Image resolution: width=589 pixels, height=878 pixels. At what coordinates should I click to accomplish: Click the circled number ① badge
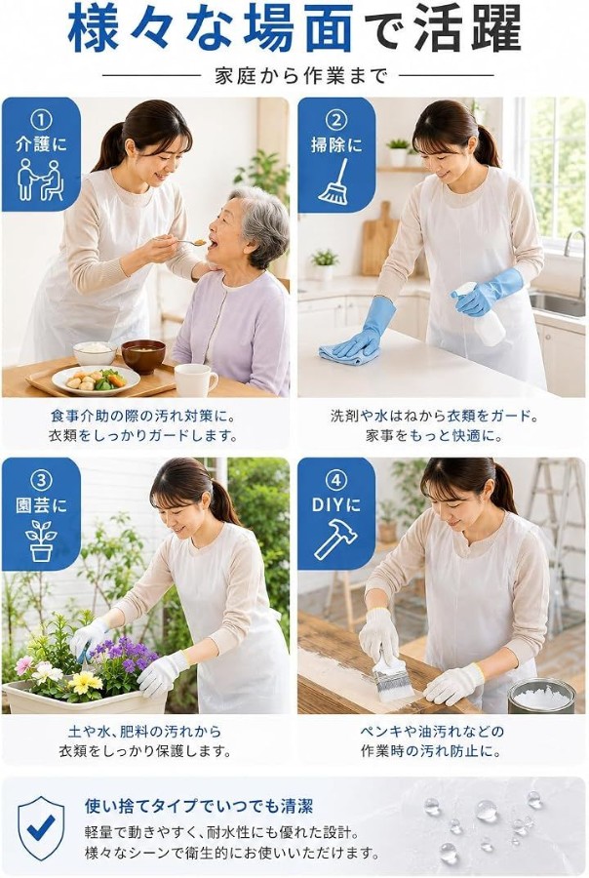(x=41, y=119)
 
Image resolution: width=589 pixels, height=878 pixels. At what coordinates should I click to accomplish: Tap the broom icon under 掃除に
(x=334, y=180)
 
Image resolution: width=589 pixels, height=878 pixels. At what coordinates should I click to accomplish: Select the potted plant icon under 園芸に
(x=41, y=540)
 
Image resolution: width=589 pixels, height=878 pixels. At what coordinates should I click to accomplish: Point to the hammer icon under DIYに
(x=335, y=539)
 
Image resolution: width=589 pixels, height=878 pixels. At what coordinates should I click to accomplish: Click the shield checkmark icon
(x=41, y=826)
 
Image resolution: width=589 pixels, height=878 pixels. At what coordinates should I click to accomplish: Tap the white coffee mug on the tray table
(x=195, y=380)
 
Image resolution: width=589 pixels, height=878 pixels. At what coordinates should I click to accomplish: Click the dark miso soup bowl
(x=143, y=356)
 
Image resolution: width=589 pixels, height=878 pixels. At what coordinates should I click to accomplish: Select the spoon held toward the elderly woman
(x=189, y=243)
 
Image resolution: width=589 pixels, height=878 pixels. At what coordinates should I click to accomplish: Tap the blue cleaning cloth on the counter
(x=348, y=354)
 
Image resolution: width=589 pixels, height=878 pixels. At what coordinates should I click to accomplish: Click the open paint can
(x=541, y=696)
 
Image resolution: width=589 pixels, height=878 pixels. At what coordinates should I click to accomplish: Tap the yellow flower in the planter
(x=85, y=681)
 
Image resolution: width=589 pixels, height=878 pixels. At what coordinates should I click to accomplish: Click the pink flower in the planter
(x=23, y=665)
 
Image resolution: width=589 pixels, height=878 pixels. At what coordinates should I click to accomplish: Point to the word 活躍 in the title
(x=467, y=29)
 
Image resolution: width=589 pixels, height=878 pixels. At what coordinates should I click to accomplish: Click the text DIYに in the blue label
(x=335, y=504)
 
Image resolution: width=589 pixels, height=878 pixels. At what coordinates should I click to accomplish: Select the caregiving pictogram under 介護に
(x=40, y=180)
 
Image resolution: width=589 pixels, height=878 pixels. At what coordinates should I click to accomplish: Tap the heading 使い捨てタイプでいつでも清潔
(x=199, y=807)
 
